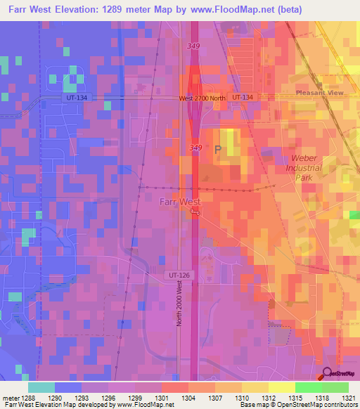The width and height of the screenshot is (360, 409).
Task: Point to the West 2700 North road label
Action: coord(202,98)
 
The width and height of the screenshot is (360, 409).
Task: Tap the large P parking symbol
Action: coord(218,150)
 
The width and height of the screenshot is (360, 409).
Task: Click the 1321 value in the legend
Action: coord(348,398)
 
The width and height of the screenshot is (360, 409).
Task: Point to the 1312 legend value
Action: coord(269,398)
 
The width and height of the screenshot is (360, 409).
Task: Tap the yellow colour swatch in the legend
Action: coord(282,387)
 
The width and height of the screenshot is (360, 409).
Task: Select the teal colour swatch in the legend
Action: coord(41,387)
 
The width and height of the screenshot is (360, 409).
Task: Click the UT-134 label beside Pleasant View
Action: coord(241,96)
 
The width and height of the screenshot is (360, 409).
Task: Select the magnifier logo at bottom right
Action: coord(327,373)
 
